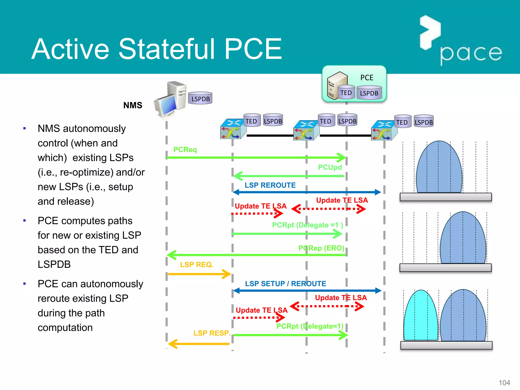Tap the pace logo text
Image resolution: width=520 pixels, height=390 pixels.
click(471, 53)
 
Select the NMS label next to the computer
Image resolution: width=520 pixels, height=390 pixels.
click(133, 105)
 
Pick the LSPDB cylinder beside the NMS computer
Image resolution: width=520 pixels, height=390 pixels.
click(200, 98)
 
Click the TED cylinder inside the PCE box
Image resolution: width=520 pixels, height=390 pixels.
click(346, 92)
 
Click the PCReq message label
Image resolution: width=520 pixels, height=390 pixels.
click(185, 150)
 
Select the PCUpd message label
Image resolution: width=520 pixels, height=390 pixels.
click(330, 167)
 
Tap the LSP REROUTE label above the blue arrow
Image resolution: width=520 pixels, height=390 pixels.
click(270, 185)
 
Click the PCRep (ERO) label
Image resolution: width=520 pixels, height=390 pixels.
click(321, 248)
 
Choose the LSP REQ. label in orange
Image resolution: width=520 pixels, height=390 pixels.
click(197, 265)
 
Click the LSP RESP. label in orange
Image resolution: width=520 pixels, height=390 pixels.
click(212, 333)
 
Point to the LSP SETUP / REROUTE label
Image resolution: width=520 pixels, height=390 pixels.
click(285, 284)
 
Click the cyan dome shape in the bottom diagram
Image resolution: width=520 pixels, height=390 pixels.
click(421, 317)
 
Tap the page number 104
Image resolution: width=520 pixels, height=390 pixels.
click(504, 383)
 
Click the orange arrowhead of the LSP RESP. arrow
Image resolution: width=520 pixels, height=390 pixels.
click(172, 344)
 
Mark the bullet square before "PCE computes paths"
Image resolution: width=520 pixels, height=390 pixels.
click(25, 221)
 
